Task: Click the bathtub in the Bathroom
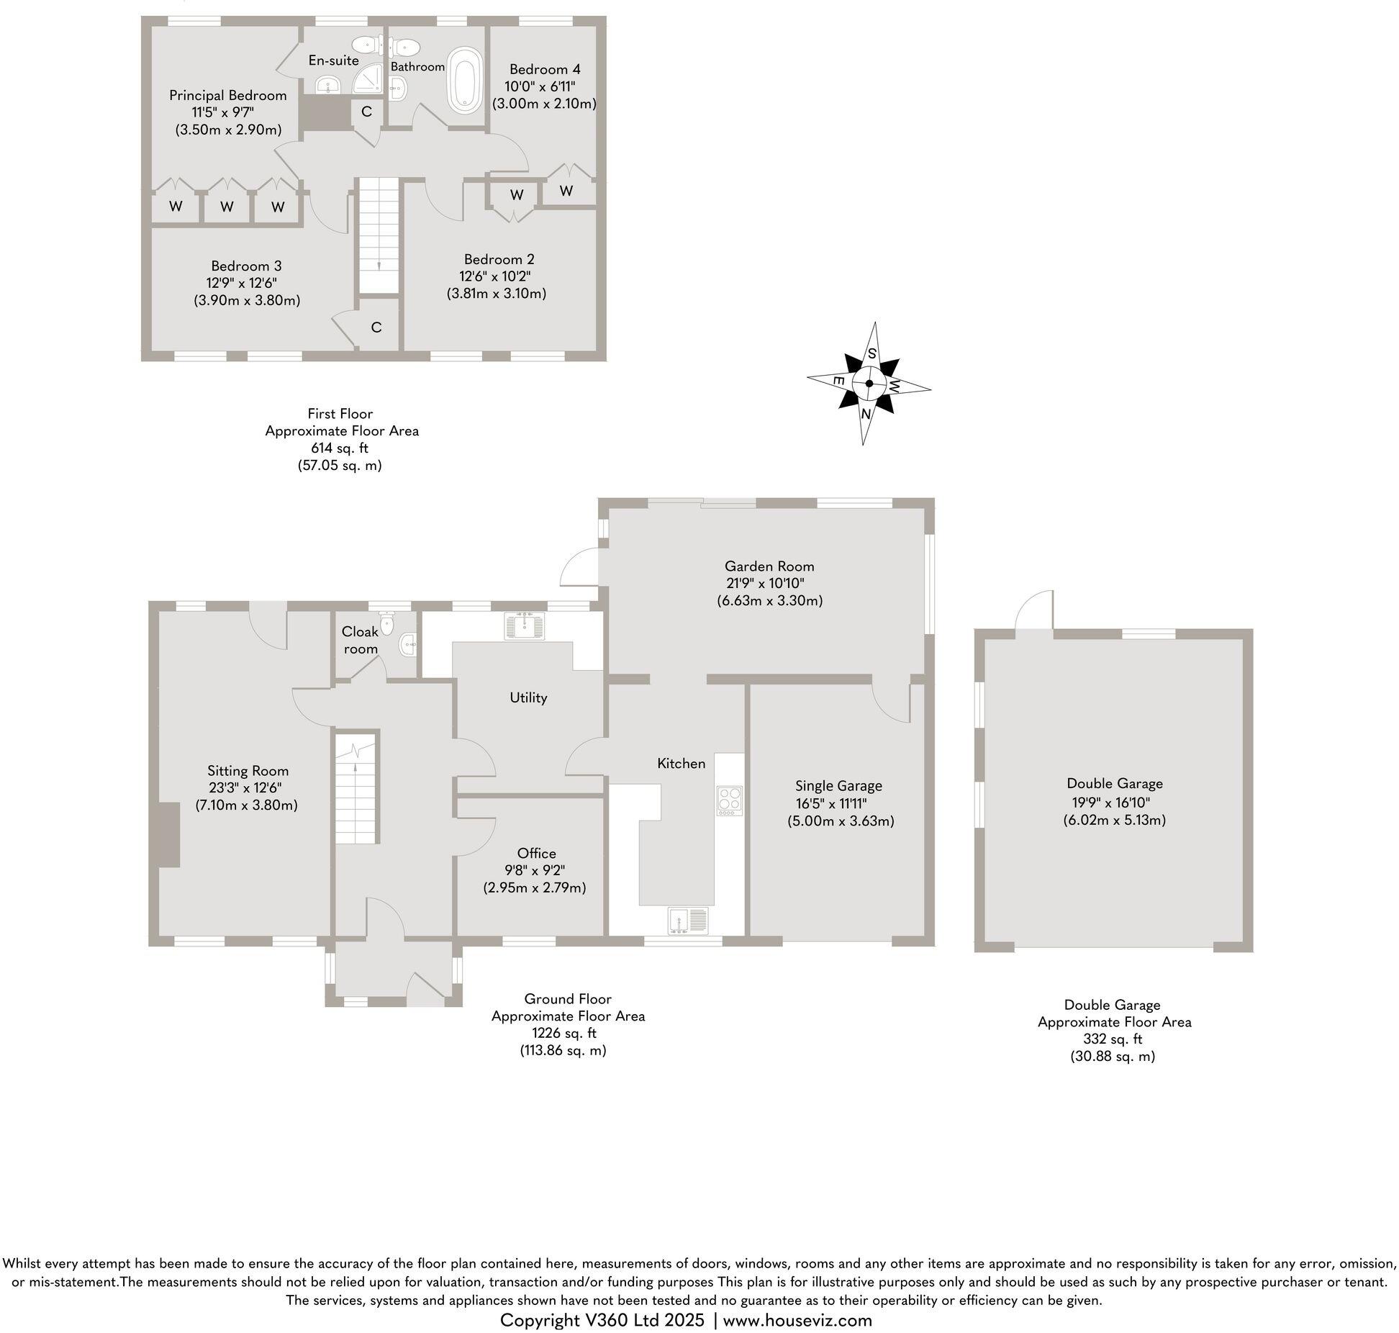click(x=465, y=81)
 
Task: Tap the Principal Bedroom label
click(x=227, y=95)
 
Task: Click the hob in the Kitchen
click(x=729, y=800)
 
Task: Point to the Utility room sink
click(x=527, y=625)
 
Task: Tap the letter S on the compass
click(x=871, y=353)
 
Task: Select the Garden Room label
click(x=769, y=566)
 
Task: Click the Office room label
click(x=536, y=854)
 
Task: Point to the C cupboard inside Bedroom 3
click(x=376, y=327)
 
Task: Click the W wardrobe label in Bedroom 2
click(x=516, y=195)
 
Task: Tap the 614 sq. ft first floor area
click(x=340, y=448)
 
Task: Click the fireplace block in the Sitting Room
click(x=168, y=835)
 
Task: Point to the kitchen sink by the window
click(x=688, y=921)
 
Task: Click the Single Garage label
click(x=838, y=786)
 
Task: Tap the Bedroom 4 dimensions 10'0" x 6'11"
click(x=544, y=86)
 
